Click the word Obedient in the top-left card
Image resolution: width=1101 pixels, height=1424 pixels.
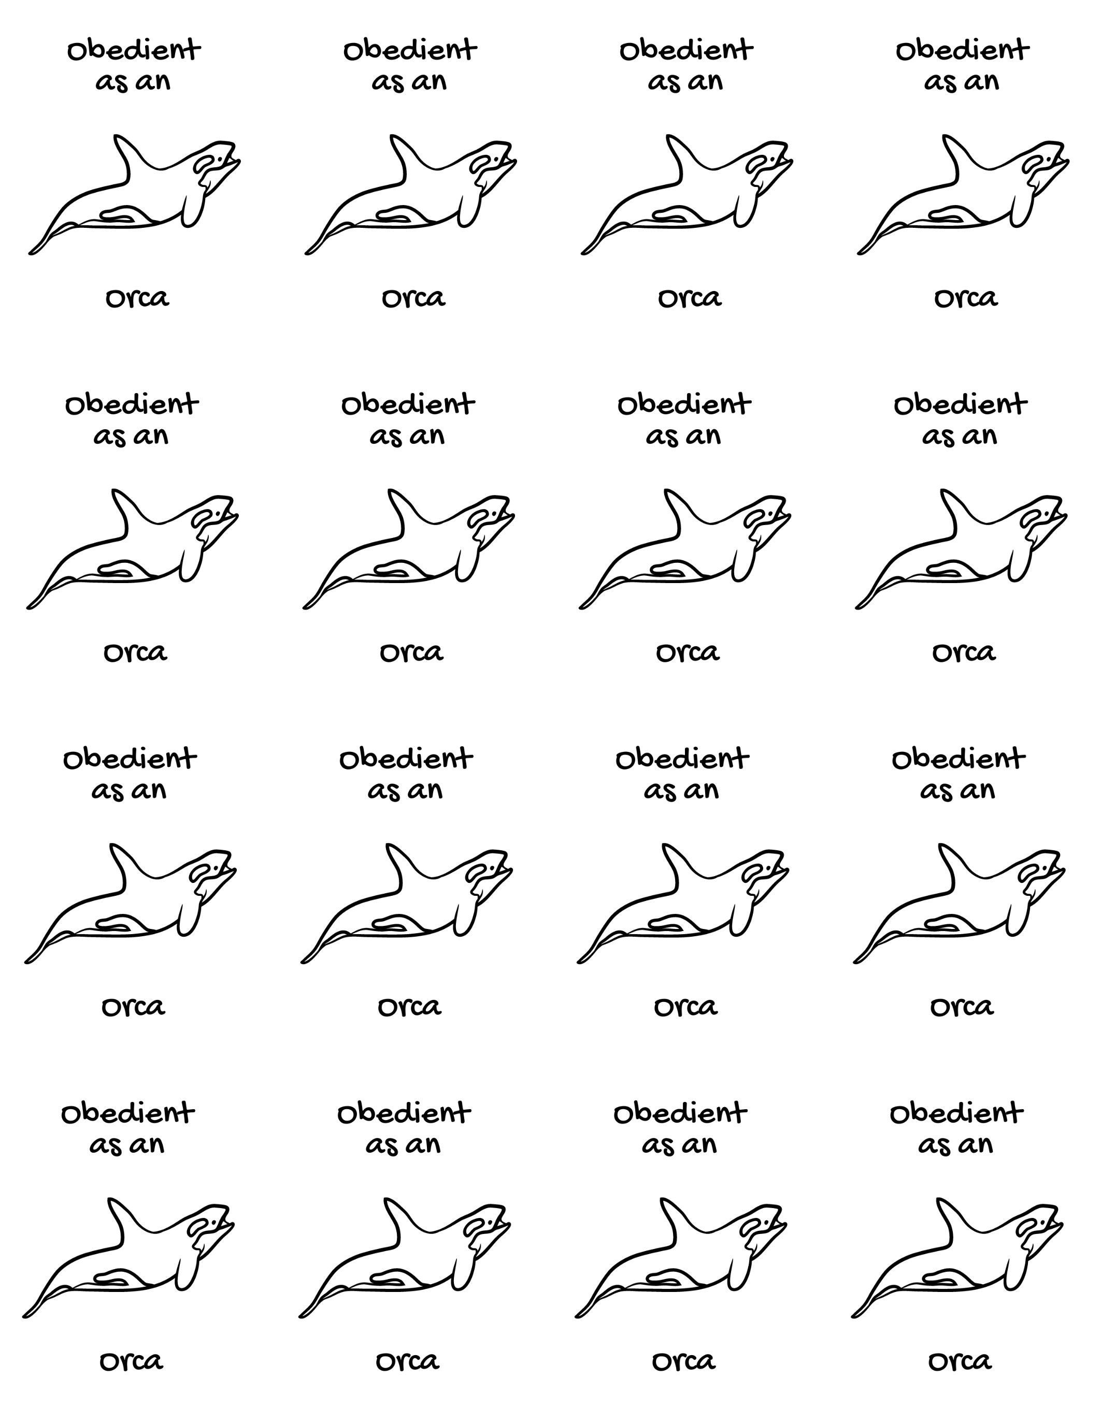(134, 50)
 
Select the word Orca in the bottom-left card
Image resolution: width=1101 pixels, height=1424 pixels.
(131, 1361)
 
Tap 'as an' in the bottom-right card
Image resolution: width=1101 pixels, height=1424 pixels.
(955, 1144)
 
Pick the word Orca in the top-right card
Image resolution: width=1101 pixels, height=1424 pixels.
(965, 299)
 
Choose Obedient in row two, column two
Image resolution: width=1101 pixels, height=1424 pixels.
(408, 405)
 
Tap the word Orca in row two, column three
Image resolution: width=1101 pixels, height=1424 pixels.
(688, 652)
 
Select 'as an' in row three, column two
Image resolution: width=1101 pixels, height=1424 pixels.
(405, 790)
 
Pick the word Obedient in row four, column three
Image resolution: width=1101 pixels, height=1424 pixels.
(680, 1114)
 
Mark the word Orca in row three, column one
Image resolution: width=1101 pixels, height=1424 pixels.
(133, 1007)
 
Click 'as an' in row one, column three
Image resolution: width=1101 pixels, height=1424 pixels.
(685, 81)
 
